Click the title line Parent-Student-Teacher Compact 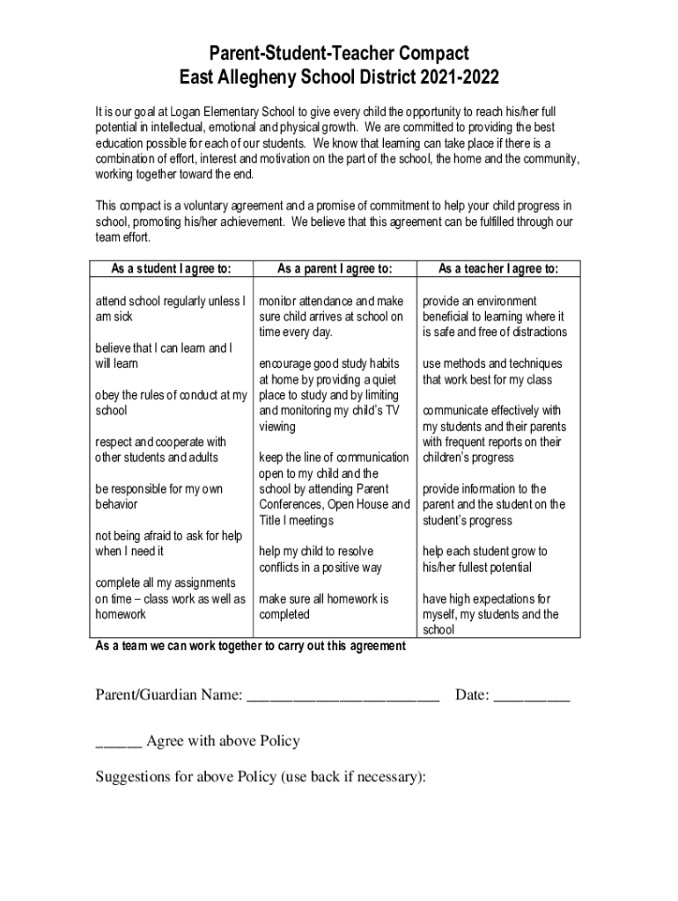point(339,53)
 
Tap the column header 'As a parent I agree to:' point(334,268)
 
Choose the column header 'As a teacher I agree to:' point(497,268)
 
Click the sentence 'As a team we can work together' point(250,646)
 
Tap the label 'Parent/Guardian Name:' point(168,696)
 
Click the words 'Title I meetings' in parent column point(296,520)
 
